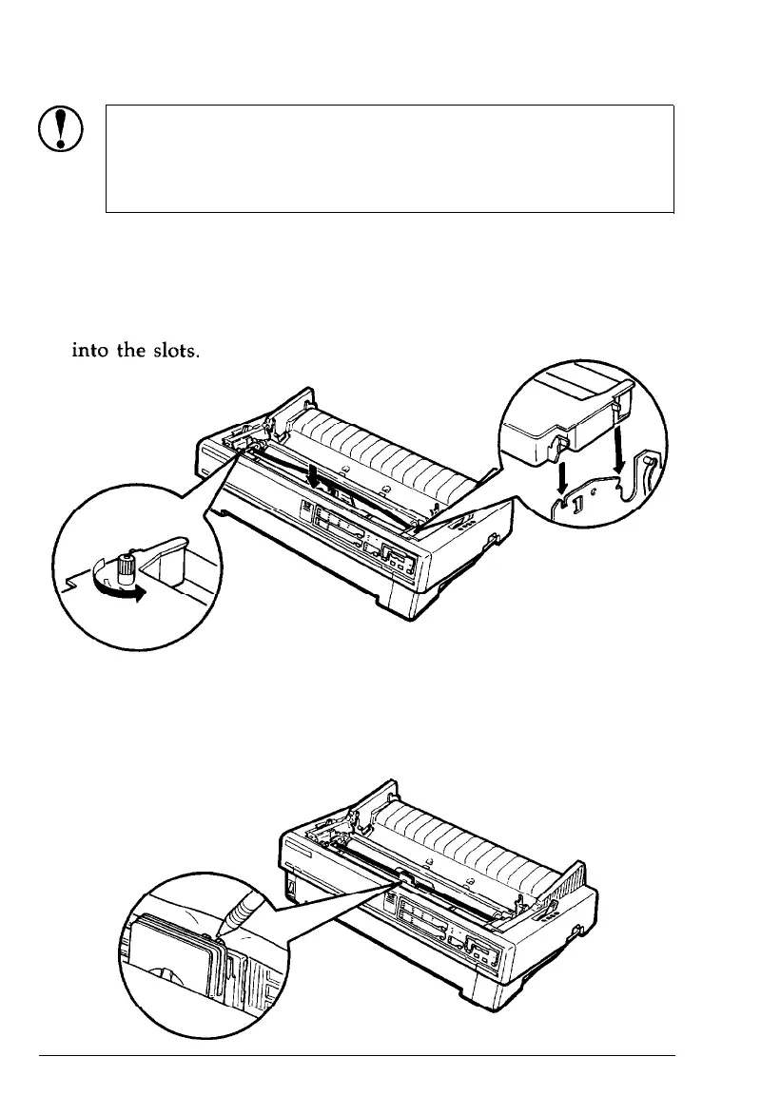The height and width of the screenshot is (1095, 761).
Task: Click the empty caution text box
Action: (389, 158)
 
